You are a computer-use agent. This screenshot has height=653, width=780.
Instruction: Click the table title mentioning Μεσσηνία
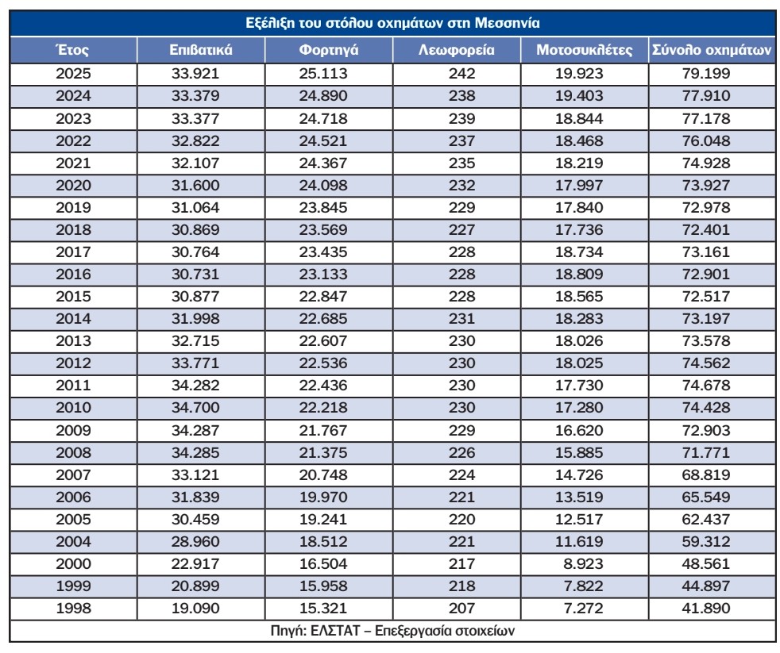392,23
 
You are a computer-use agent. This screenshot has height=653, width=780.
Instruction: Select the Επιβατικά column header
201,50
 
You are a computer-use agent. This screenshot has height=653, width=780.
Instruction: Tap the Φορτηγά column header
329,50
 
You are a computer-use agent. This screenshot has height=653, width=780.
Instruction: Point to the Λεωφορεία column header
457,50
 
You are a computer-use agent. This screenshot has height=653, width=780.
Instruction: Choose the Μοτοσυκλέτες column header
585,50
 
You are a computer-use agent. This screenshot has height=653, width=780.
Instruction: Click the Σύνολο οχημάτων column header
712,50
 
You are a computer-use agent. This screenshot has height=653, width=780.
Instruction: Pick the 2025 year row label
73,74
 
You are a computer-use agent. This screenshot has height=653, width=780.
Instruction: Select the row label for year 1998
73,608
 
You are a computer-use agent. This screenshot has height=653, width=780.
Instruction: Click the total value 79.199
706,74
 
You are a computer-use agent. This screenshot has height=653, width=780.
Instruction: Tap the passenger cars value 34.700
195,408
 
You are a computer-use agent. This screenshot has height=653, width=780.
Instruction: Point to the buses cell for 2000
461,563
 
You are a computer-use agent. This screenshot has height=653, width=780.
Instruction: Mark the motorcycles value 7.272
583,608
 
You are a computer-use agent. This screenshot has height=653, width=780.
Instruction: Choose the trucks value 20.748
323,474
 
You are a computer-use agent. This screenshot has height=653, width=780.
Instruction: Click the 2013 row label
73,341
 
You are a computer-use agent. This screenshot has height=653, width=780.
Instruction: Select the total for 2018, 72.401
706,229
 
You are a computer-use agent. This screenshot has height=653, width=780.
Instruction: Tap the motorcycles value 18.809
579,275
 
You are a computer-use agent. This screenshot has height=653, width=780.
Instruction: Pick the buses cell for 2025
461,74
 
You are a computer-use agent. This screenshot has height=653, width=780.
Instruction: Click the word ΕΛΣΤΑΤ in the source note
334,631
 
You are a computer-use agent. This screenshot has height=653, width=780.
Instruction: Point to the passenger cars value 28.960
195,541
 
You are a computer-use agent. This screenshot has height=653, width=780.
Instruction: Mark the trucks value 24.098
323,186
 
